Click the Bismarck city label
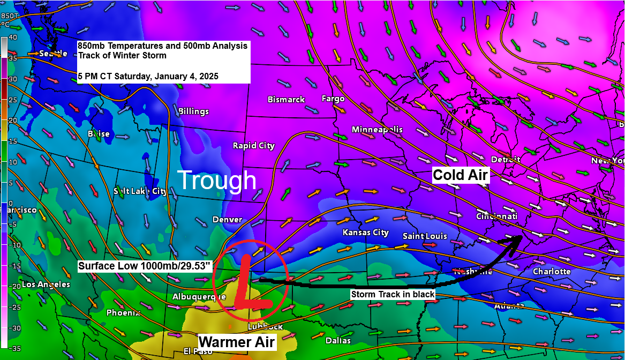(286, 100)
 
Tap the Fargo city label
(333, 99)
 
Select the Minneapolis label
(377, 130)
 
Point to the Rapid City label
(253, 146)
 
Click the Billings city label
(193, 111)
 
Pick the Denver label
(227, 220)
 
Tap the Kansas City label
(365, 232)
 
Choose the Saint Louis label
(425, 236)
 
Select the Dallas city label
(338, 341)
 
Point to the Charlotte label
(552, 272)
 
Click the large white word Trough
(217, 181)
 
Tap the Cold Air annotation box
(461, 175)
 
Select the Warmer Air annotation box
(237, 342)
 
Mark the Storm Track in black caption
(393, 294)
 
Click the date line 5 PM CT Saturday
(148, 76)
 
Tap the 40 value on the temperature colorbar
(13, 37)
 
